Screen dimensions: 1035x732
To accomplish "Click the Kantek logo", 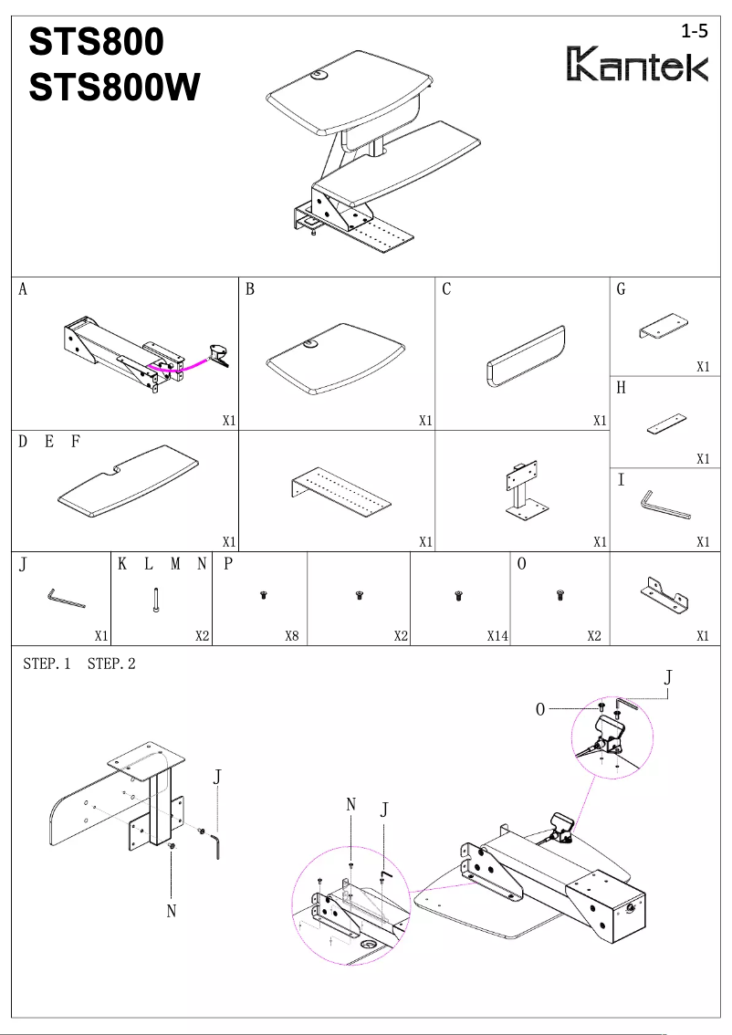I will (x=638, y=65).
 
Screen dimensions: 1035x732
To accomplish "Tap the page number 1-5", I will (x=695, y=31).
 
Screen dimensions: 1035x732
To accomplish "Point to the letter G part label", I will (x=621, y=290).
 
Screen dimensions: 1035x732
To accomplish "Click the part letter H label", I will (x=621, y=388).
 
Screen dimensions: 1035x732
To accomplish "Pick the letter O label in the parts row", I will (x=521, y=564).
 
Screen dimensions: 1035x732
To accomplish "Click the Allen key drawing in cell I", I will (x=664, y=506).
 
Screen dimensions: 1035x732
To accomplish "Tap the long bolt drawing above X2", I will (x=157, y=599).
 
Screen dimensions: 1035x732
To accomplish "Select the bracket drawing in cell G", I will (x=664, y=327).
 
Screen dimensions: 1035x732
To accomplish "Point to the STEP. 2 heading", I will (x=111, y=664).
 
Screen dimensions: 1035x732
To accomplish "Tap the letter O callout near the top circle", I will (x=540, y=709).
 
